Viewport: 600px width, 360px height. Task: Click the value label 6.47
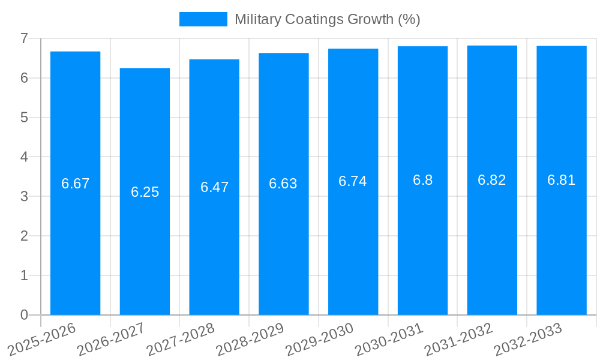coord(214,187)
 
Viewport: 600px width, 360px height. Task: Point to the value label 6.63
coord(283,184)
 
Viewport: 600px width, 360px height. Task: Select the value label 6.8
coord(422,180)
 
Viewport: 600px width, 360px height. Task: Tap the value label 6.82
coord(492,180)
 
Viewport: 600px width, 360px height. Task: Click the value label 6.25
coord(145,192)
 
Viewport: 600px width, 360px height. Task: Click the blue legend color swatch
coord(203,19)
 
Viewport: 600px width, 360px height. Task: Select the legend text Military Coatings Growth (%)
coord(327,19)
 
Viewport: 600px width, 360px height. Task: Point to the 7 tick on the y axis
coord(24,38)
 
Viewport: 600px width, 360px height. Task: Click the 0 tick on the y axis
coord(24,315)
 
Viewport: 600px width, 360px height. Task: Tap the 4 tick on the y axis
coord(24,157)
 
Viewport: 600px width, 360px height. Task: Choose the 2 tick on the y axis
coord(24,236)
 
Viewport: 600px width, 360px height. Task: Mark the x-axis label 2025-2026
coord(42,339)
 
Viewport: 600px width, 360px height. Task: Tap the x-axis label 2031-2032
coord(459,339)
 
